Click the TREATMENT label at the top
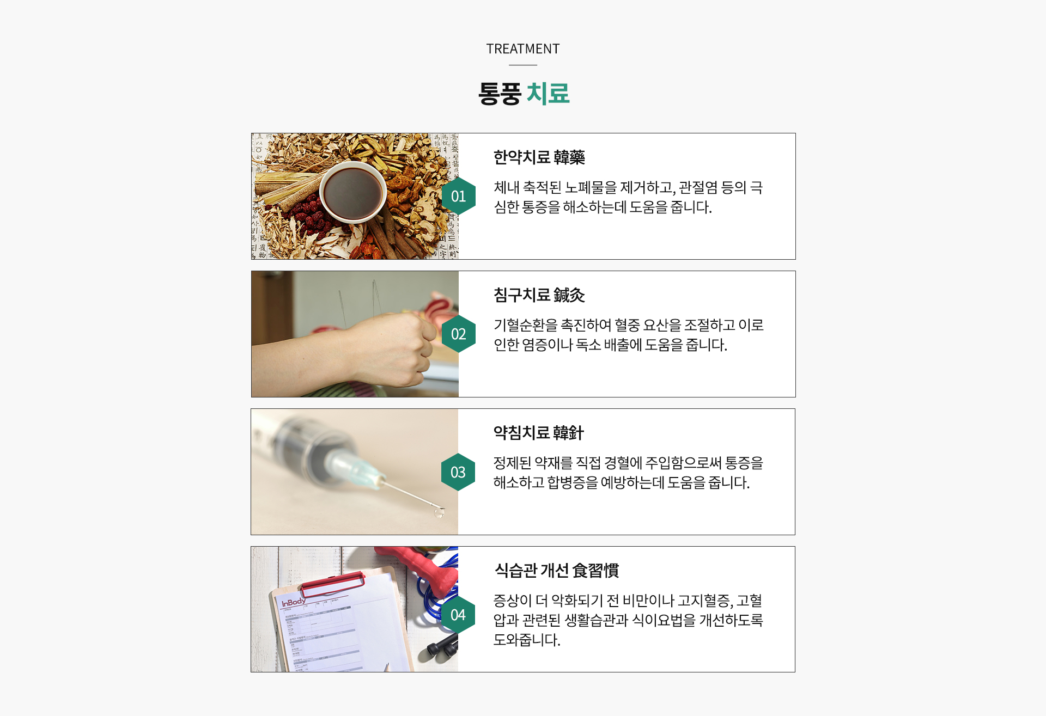point(523,49)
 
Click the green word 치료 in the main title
point(548,93)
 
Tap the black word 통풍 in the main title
point(500,93)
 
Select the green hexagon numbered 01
point(459,196)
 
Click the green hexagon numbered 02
point(459,334)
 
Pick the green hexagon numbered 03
point(458,472)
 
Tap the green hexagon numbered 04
point(458,615)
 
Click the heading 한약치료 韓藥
point(539,157)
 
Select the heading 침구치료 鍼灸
point(539,295)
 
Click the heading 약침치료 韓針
point(538,433)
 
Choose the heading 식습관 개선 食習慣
point(556,571)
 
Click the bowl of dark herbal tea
point(352,192)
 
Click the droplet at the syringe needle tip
point(439,512)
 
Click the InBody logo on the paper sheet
point(293,602)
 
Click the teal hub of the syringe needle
point(354,469)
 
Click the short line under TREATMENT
point(523,65)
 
